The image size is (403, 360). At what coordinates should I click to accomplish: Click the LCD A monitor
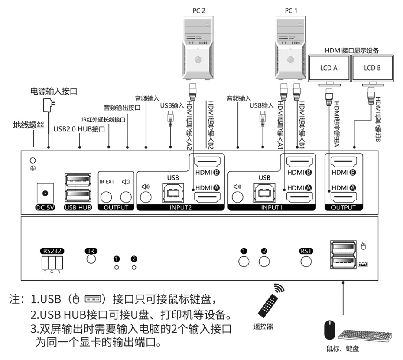329,68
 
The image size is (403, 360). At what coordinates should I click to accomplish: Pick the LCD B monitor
372,68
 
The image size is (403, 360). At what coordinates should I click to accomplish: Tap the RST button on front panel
306,261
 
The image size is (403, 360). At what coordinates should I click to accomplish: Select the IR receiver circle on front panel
91,259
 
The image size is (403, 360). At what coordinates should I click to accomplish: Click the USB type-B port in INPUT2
172,192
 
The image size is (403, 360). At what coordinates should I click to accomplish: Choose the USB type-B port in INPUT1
264,192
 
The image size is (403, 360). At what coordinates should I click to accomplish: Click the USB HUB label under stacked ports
78,207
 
